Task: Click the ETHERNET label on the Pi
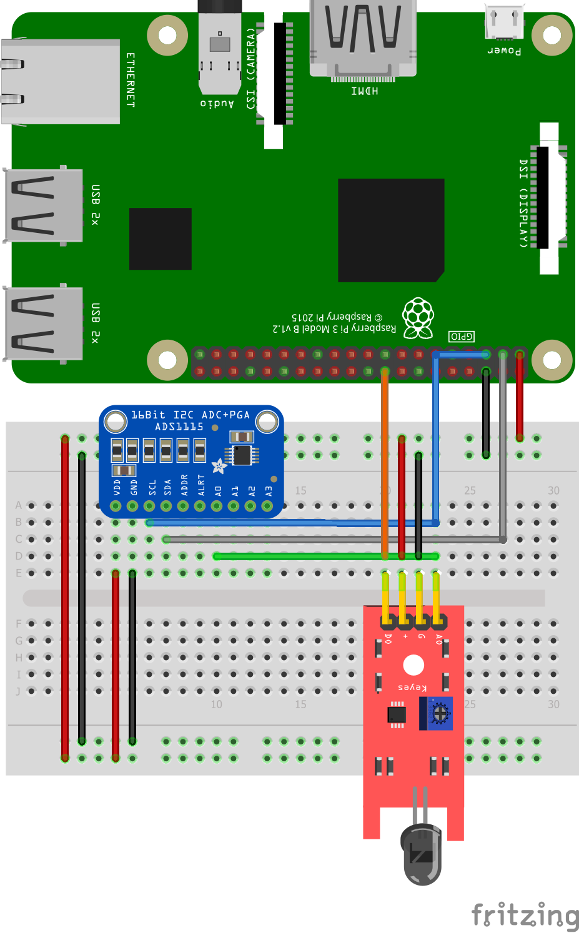point(131,80)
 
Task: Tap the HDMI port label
point(364,91)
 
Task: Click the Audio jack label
point(217,104)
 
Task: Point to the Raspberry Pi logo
point(418,318)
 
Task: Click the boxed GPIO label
point(462,337)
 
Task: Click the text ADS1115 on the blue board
point(179,427)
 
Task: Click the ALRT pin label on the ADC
point(201,485)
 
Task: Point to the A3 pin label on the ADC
point(269,491)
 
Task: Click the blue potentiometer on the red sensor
point(440,713)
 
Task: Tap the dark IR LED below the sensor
point(422,852)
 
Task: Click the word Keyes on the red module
point(412,687)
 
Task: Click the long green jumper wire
point(325,556)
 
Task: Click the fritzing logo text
point(525,915)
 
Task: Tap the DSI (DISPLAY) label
point(523,203)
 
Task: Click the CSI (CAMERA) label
point(251,69)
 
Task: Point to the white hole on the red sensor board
point(413,665)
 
